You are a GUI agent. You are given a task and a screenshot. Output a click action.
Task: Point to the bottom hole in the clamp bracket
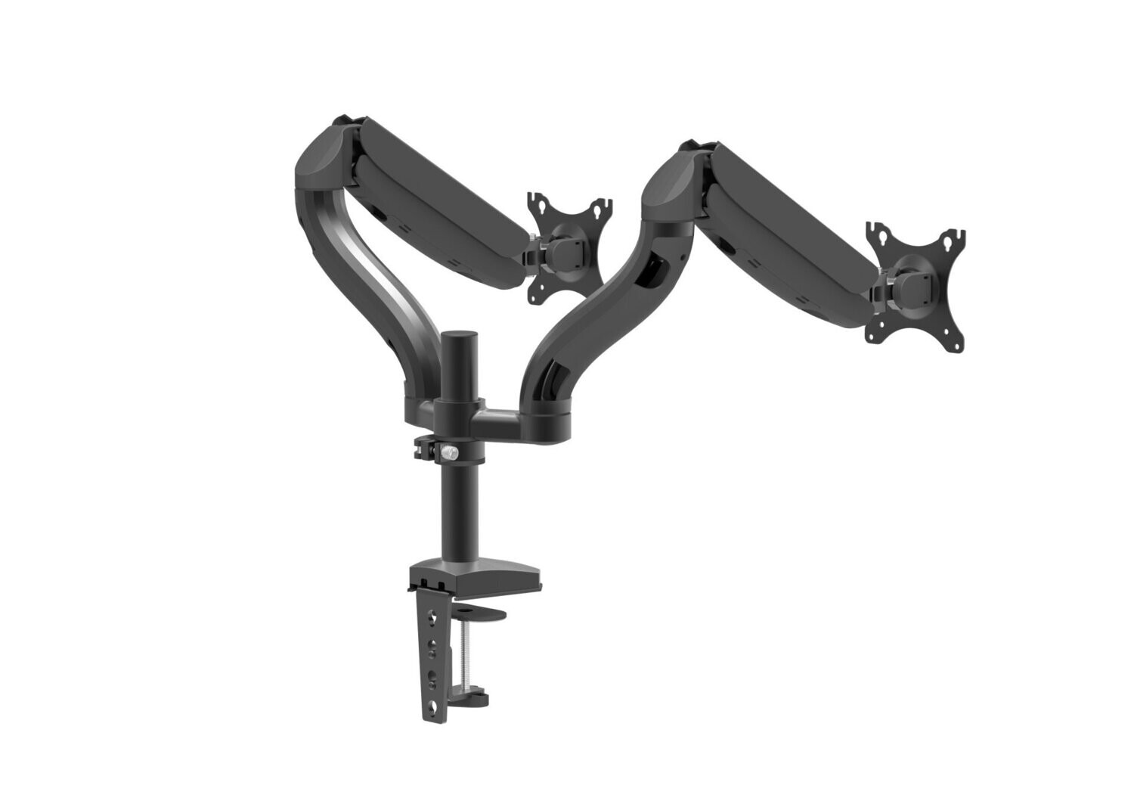point(432,708)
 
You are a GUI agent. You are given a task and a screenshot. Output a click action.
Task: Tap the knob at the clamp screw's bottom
point(457,691)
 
